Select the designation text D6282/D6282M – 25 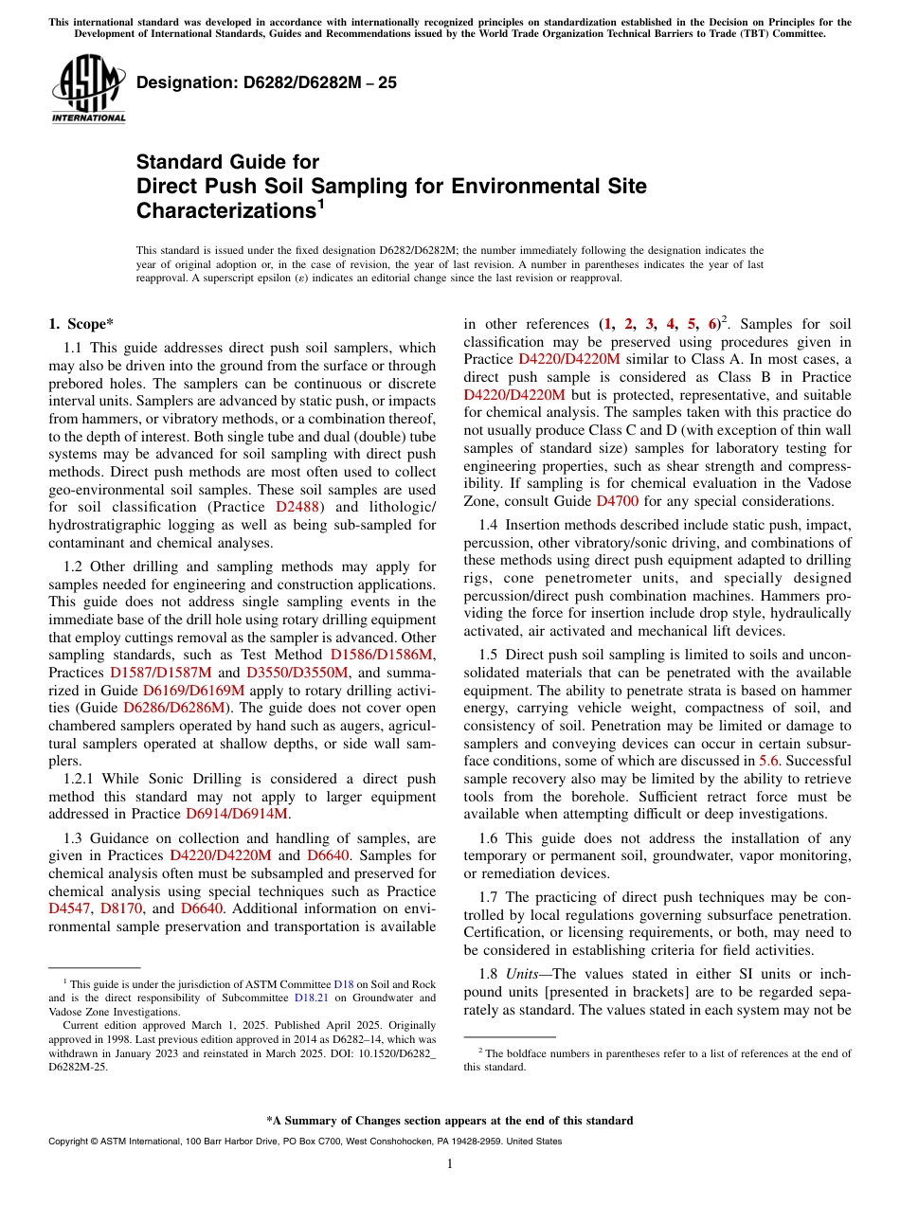tap(266, 83)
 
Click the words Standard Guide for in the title tap(227, 162)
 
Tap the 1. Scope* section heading tap(82, 324)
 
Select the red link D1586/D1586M tap(383, 655)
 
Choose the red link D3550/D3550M tap(297, 673)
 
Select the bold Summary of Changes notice tap(449, 1121)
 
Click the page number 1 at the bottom tap(449, 1164)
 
